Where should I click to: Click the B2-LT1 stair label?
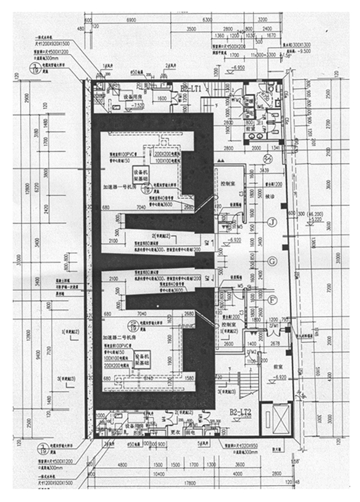pos(190,88)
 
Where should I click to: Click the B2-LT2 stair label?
pos(240,412)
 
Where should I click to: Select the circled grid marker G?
pos(272,261)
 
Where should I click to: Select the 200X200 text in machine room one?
pos(165,154)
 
